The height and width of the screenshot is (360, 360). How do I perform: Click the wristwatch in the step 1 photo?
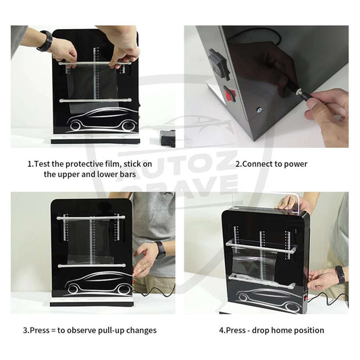pyautogui.click(x=45, y=41)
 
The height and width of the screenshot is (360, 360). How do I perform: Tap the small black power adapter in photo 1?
pyautogui.click(x=167, y=138)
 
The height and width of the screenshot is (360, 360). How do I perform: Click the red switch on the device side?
pyautogui.click(x=230, y=94)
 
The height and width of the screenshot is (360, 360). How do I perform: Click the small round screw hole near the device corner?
pyautogui.click(x=259, y=108)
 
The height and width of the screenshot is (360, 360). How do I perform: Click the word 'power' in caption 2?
pyautogui.click(x=294, y=164)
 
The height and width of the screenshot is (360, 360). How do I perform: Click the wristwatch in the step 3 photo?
pyautogui.click(x=159, y=249)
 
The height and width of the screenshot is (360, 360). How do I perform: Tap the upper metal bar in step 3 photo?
pyautogui.click(x=91, y=217)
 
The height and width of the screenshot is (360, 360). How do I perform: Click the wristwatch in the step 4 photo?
pyautogui.click(x=339, y=274)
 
